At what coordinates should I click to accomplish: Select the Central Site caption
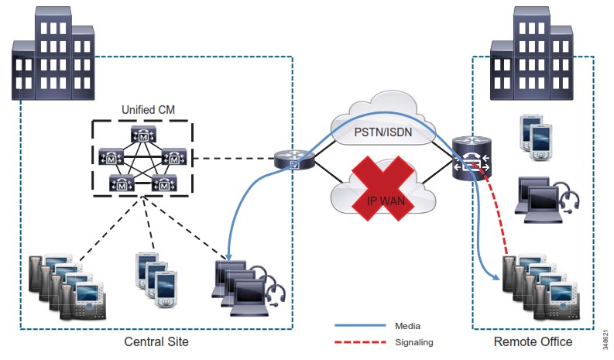click(x=156, y=341)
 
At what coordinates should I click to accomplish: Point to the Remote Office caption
click(x=533, y=341)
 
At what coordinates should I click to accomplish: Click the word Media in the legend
click(x=407, y=325)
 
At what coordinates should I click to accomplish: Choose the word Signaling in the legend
click(x=414, y=341)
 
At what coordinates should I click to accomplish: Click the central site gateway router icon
click(x=294, y=159)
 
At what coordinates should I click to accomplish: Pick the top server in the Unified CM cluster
click(x=144, y=135)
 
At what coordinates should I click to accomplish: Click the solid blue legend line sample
click(x=361, y=325)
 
